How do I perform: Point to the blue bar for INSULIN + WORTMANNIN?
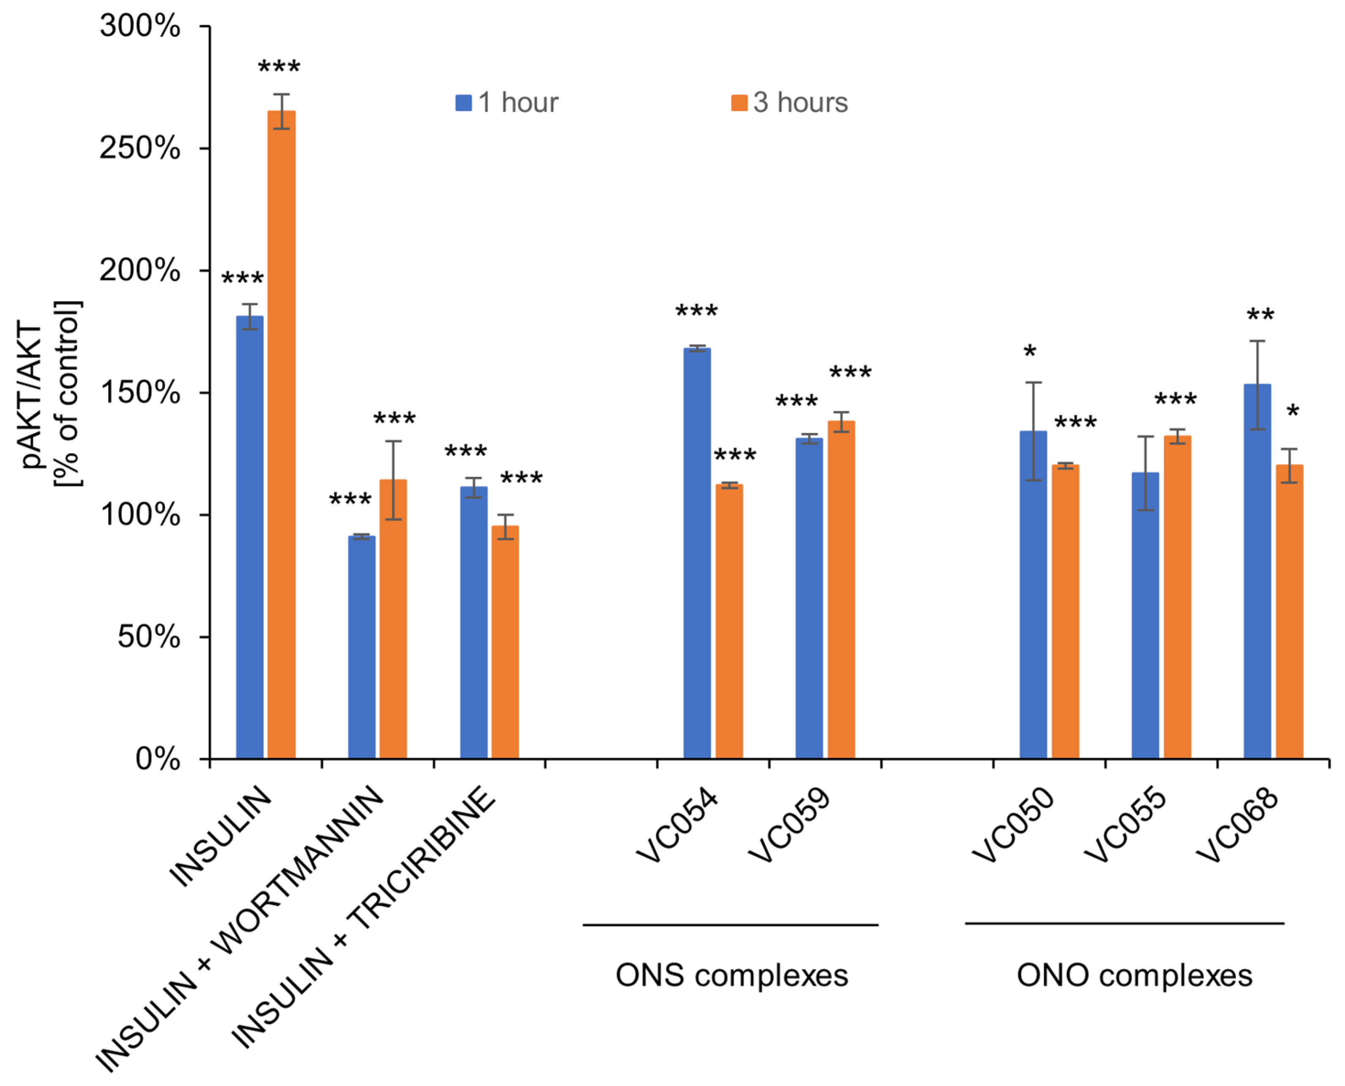(x=361, y=647)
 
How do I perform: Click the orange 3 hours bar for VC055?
(x=1177, y=597)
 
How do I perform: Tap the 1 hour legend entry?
(x=507, y=103)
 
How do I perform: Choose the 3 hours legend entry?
(x=789, y=103)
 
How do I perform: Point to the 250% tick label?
(x=139, y=149)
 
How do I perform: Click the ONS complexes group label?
(x=731, y=975)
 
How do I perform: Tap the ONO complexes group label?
(x=1134, y=975)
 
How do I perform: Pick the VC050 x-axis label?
(x=1013, y=825)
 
